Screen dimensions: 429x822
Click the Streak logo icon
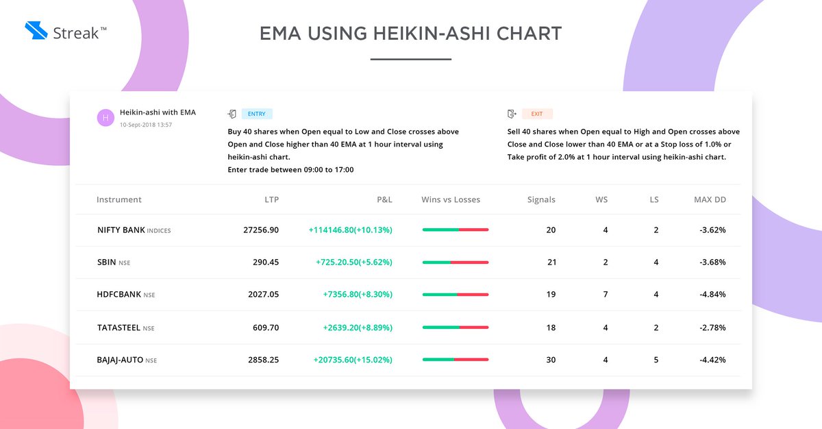(35, 30)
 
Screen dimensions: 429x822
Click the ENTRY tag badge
(257, 114)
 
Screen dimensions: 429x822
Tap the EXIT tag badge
(537, 114)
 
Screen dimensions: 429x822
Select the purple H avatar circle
(105, 118)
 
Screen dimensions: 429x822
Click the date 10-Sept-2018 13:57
(145, 125)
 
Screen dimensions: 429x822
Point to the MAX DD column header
(710, 199)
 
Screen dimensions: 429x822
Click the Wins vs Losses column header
(451, 199)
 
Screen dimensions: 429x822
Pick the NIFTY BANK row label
(121, 230)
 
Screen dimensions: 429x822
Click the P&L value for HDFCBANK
(358, 294)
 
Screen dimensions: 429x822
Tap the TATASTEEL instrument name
(119, 328)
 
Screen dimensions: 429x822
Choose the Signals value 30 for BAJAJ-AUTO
(551, 360)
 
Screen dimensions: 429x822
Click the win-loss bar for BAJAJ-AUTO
(456, 360)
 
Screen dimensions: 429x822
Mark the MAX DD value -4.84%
(712, 294)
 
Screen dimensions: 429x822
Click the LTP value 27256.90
(261, 230)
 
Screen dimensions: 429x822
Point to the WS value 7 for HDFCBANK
(606, 294)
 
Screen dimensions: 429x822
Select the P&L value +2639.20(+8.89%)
(358, 328)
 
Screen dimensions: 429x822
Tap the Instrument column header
(119, 199)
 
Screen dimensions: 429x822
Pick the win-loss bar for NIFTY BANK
(456, 230)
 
